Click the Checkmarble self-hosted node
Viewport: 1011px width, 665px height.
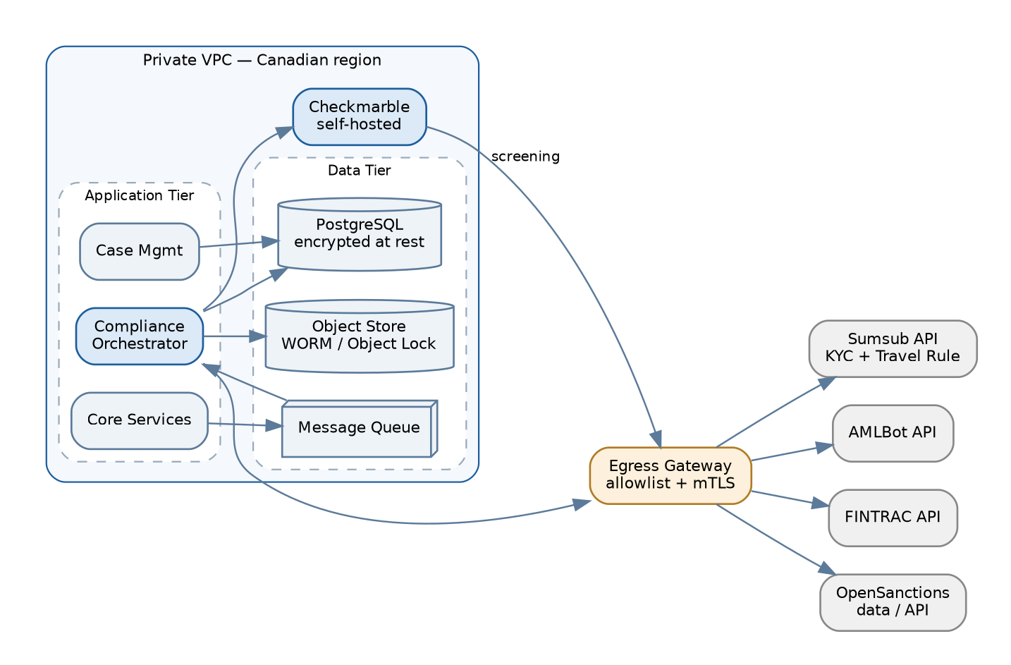click(x=360, y=116)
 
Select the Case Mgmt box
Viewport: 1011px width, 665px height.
click(x=140, y=252)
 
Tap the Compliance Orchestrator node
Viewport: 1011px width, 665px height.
click(x=140, y=336)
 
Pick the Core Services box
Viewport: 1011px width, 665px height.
click(x=140, y=420)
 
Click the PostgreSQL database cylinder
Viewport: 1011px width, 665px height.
click(x=360, y=234)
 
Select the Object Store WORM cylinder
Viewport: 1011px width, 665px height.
click(x=360, y=336)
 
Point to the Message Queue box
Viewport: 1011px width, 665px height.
click(x=360, y=429)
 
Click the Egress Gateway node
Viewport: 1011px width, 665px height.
click(x=670, y=475)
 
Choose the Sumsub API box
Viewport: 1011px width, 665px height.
click(x=893, y=348)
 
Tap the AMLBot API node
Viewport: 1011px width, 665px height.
click(x=893, y=433)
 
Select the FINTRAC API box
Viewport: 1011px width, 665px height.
click(x=893, y=518)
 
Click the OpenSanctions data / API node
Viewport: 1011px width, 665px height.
click(x=893, y=602)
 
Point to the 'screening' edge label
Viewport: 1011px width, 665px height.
click(x=525, y=157)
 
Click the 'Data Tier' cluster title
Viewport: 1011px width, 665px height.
click(x=360, y=170)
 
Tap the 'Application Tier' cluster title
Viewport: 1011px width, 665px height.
click(x=140, y=195)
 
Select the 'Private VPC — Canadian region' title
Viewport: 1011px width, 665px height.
click(x=262, y=60)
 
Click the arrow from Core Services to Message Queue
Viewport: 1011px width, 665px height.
click(x=245, y=425)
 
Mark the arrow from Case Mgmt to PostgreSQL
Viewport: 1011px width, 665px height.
click(x=239, y=244)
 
